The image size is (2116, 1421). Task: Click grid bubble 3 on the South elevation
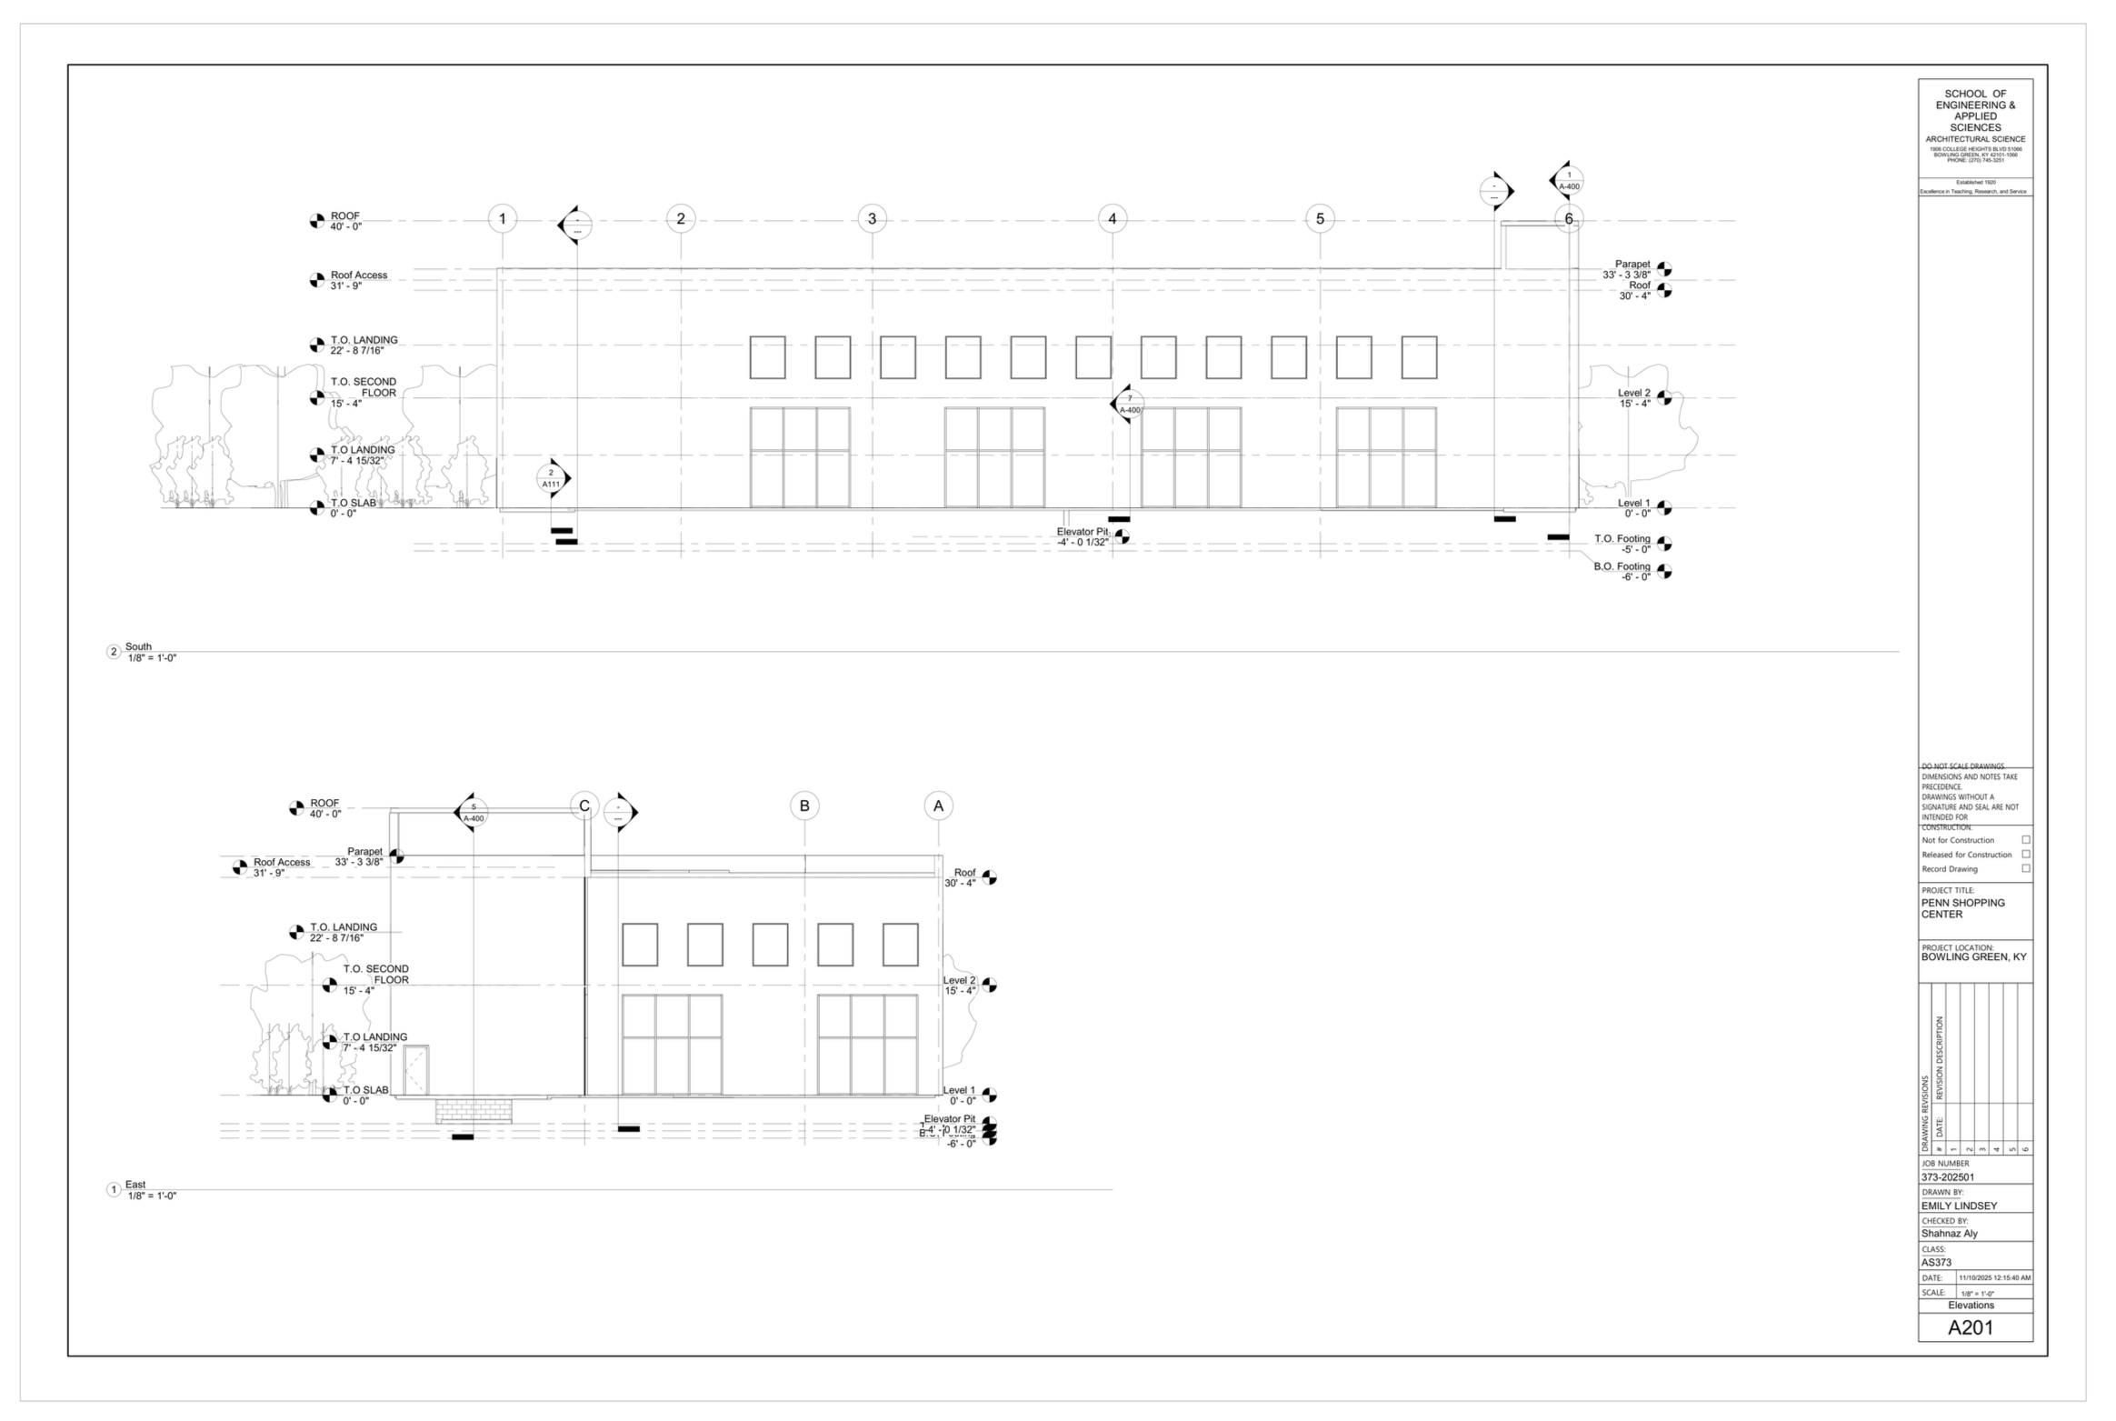pyautogui.click(x=872, y=218)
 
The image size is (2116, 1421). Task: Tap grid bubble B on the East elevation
pyautogui.click(x=804, y=806)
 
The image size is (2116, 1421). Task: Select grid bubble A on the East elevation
pyautogui.click(x=938, y=806)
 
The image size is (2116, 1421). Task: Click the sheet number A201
pyautogui.click(x=1970, y=1327)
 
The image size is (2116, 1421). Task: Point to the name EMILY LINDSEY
pyautogui.click(x=1959, y=1206)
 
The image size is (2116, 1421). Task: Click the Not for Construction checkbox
pyautogui.click(x=2025, y=840)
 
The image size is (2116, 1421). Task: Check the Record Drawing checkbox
pyautogui.click(x=2025, y=868)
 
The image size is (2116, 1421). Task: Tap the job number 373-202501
pyautogui.click(x=1948, y=1177)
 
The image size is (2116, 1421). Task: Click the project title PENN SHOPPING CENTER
pyautogui.click(x=1962, y=908)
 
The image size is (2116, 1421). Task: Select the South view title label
pyautogui.click(x=138, y=647)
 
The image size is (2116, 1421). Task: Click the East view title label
pyautogui.click(x=135, y=1185)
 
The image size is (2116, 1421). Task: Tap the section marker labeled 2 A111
pyautogui.click(x=552, y=478)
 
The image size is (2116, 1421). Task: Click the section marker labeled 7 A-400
pyautogui.click(x=1129, y=404)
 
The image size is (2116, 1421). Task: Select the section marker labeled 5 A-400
pyautogui.click(x=473, y=812)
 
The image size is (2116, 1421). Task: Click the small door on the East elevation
pyautogui.click(x=415, y=1070)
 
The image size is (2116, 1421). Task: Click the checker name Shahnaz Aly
pyautogui.click(x=1949, y=1234)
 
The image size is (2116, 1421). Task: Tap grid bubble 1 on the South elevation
pyautogui.click(x=502, y=218)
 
